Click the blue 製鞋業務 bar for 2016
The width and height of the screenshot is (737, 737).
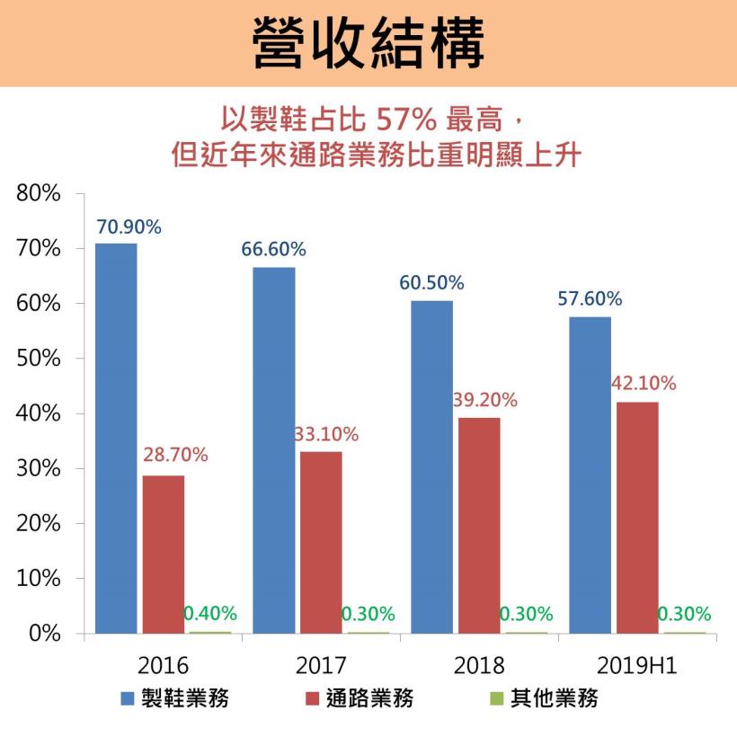pos(116,438)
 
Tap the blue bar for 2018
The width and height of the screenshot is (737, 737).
pos(431,466)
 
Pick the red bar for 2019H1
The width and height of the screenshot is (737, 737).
pos(637,517)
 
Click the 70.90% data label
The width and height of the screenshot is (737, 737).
pos(129,227)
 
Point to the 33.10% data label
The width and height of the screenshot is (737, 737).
pos(326,435)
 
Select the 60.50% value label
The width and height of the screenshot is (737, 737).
pos(431,283)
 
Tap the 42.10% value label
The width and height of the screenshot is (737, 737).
pos(643,384)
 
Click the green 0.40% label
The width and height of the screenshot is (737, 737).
pos(210,614)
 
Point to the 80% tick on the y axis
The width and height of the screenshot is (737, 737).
pos(38,193)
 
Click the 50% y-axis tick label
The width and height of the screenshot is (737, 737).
pos(38,359)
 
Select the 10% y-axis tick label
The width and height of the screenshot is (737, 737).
pos(38,579)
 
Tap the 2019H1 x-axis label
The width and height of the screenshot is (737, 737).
pos(637,666)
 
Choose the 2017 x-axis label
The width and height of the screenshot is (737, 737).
pos(321,666)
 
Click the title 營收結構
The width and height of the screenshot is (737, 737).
pos(368,42)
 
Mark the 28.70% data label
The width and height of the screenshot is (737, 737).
pos(175,455)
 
